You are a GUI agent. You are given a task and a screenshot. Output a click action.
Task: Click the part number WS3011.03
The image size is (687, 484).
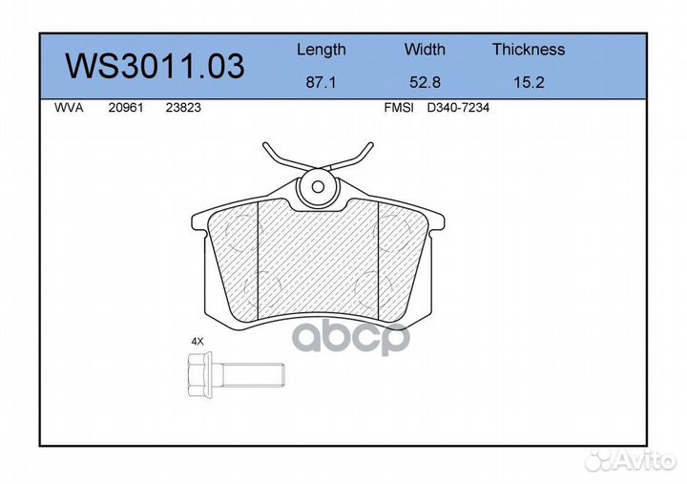coord(154,67)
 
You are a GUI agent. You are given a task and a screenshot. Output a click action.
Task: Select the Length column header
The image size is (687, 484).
coord(322,50)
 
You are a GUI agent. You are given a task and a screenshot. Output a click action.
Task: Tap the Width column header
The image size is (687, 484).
coord(425,50)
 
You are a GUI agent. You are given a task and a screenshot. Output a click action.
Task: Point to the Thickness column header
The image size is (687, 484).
coord(529,50)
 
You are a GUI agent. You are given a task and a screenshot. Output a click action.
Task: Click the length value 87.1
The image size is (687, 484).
coord(321,83)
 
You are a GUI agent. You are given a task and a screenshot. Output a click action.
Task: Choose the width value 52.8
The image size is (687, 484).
coord(425,83)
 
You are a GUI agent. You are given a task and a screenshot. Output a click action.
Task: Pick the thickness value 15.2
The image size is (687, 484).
coord(529,83)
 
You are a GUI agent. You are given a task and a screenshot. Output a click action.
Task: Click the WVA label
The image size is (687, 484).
coord(70,109)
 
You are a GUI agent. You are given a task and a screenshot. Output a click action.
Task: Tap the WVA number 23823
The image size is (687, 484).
coord(183,109)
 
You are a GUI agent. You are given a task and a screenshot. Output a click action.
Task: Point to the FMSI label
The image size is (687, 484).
coord(398,109)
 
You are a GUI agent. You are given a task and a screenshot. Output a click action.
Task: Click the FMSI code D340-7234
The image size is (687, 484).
coord(458,109)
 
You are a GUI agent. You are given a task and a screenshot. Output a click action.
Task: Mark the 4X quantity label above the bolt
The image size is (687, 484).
coord(198,341)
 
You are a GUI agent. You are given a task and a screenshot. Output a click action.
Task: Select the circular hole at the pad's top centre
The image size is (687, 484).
coord(318,187)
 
